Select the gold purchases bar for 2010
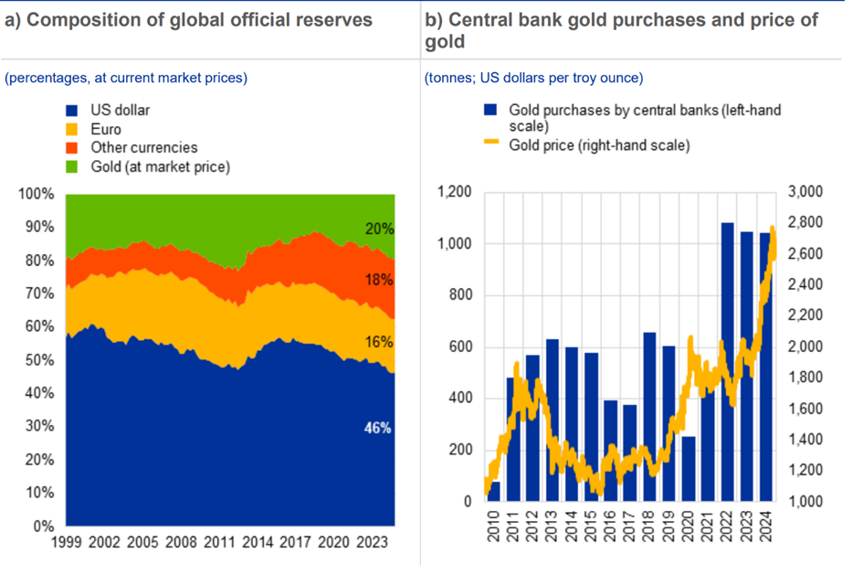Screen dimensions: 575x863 [495, 492]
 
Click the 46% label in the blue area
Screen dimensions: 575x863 [379, 427]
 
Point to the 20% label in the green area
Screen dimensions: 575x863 [379, 229]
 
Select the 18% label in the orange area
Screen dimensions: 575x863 [379, 280]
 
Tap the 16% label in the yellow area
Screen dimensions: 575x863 [379, 342]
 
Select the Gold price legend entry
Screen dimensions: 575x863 [599, 144]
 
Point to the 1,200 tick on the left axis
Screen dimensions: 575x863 [453, 193]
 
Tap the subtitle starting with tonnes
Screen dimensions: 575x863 [533, 78]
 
